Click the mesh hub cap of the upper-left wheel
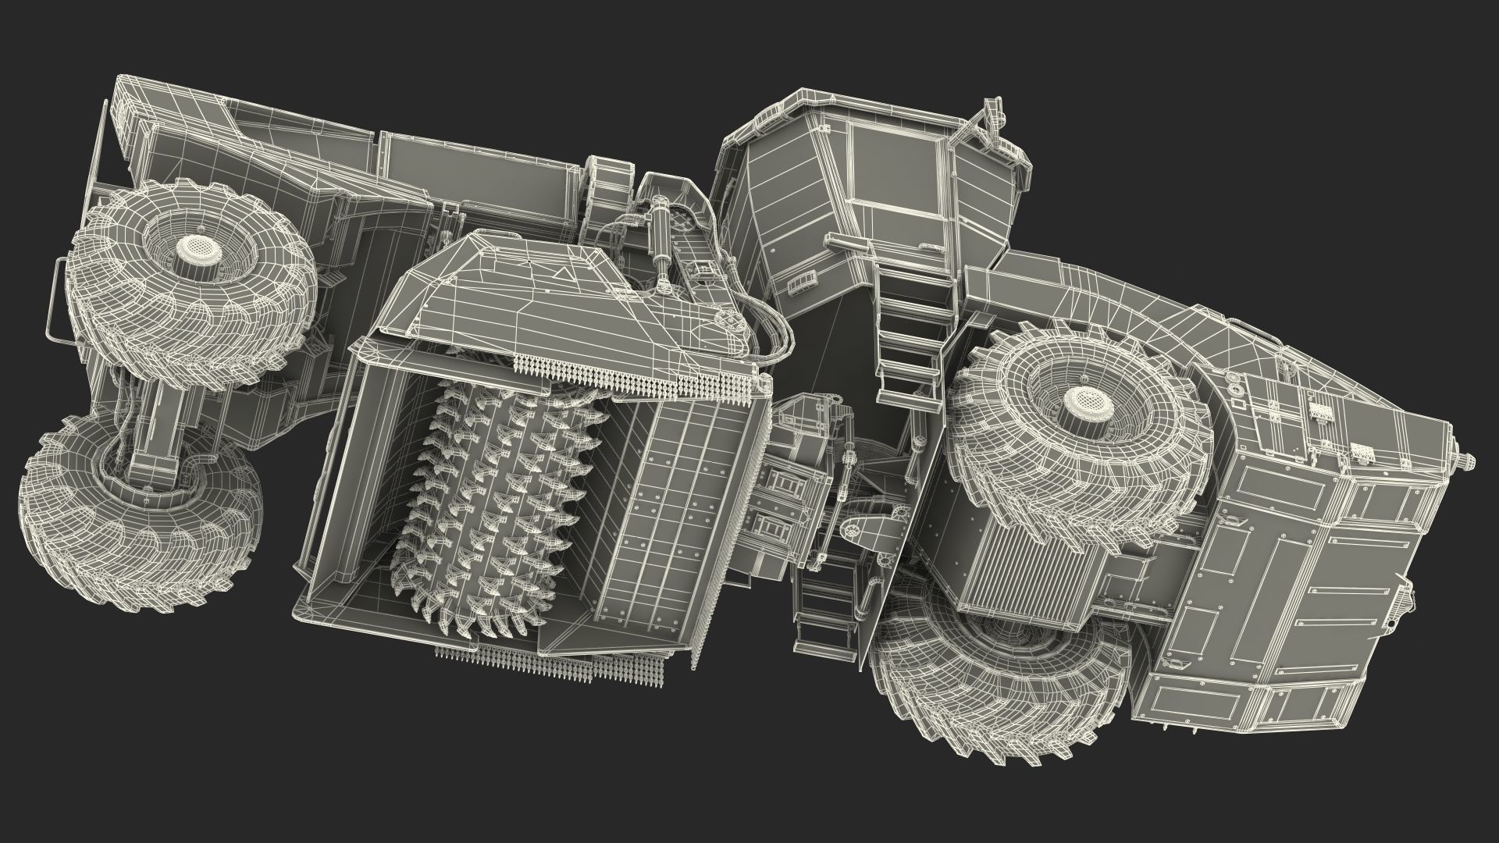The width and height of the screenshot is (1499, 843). tap(192, 248)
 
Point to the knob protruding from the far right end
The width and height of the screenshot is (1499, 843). tap(1468, 461)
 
